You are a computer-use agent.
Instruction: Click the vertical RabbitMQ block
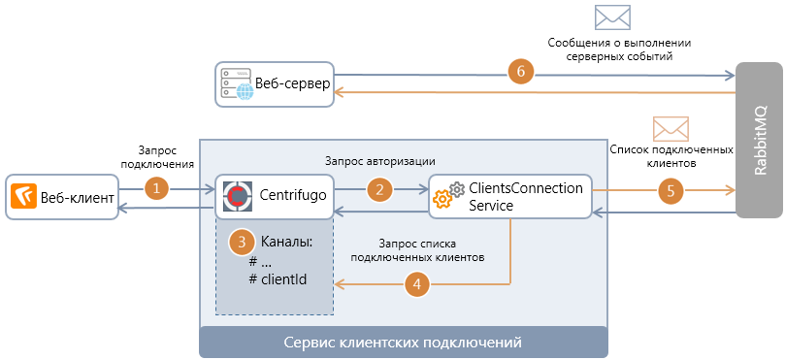[x=759, y=142]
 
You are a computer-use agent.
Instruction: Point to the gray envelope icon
[x=612, y=16]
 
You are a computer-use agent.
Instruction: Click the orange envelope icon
[x=671, y=128]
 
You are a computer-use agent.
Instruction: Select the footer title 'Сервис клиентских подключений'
[x=403, y=344]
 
